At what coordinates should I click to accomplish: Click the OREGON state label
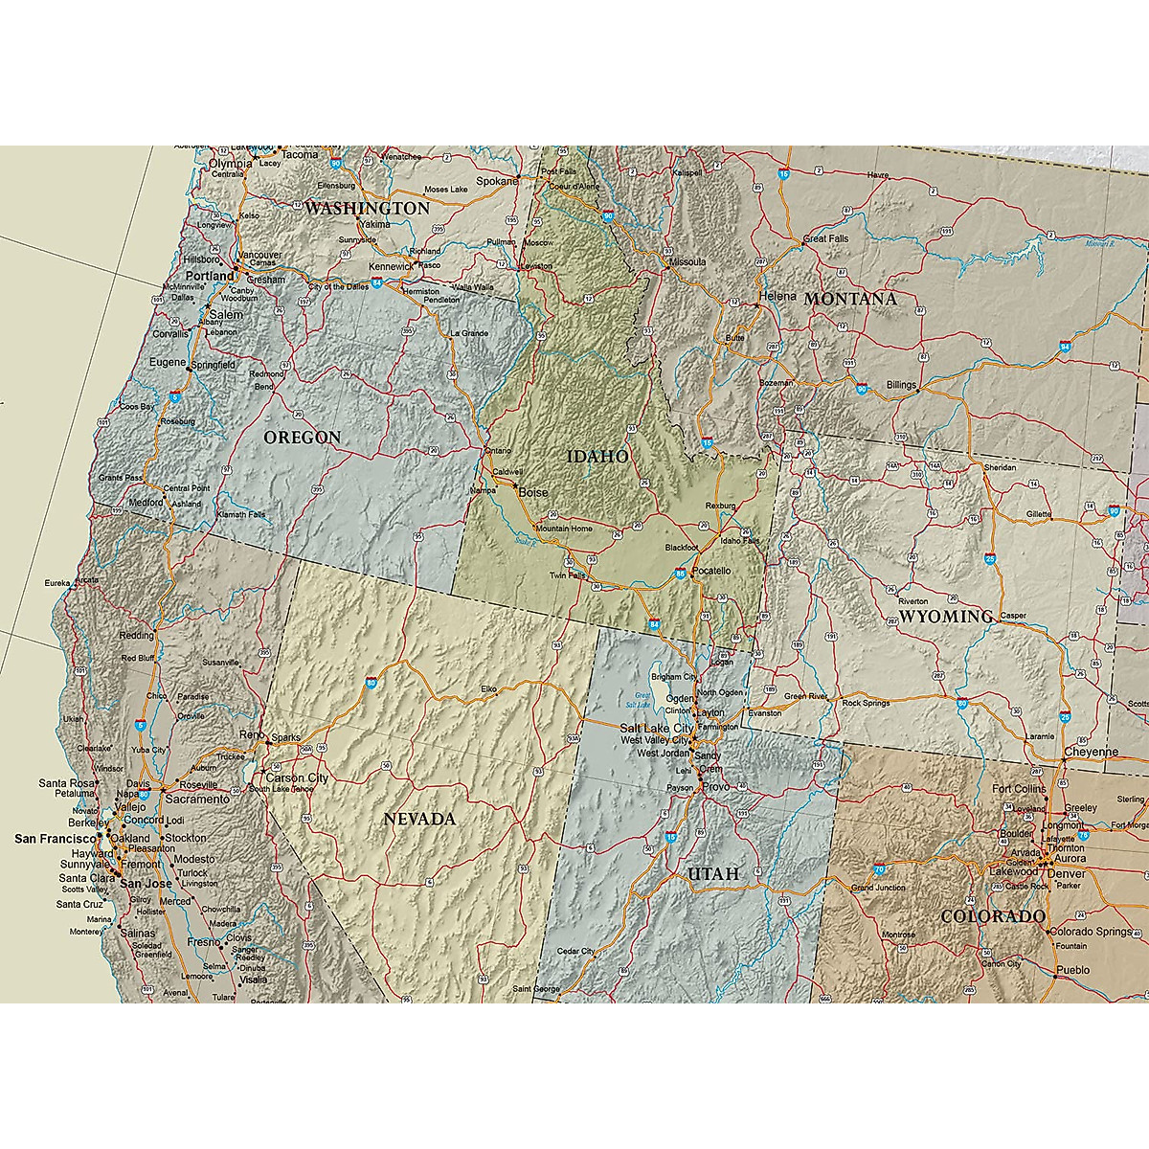(302, 438)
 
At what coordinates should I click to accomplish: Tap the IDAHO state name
(597, 457)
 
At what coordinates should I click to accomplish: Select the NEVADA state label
(419, 819)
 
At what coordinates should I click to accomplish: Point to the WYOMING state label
(945, 616)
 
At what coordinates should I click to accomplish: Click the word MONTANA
(850, 299)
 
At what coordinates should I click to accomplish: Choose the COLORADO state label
(992, 916)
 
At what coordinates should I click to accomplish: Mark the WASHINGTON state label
(367, 208)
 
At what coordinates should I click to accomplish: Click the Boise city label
(534, 492)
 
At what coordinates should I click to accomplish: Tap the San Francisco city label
(54, 839)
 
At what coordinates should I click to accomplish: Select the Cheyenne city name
(1091, 752)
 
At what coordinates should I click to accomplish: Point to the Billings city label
(900, 384)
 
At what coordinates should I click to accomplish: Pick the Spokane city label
(499, 180)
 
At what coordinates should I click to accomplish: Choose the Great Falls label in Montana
(825, 238)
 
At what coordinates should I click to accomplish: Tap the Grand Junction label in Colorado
(877, 888)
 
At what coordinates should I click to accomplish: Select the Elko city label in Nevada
(489, 688)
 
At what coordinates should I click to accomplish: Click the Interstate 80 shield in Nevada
(371, 684)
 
